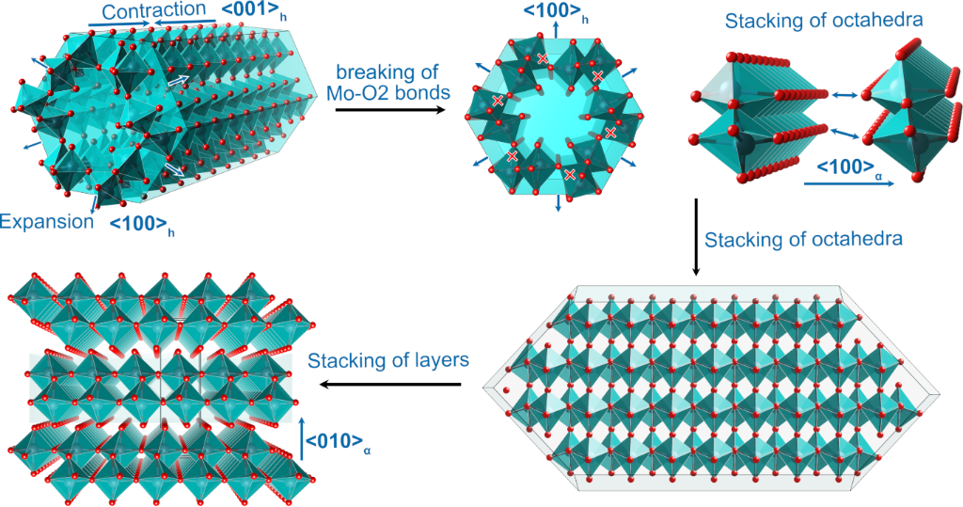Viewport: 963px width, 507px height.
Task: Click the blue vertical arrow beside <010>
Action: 302,439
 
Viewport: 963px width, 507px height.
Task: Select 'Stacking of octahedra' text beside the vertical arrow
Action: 803,239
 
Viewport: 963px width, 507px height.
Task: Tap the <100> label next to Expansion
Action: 141,224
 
